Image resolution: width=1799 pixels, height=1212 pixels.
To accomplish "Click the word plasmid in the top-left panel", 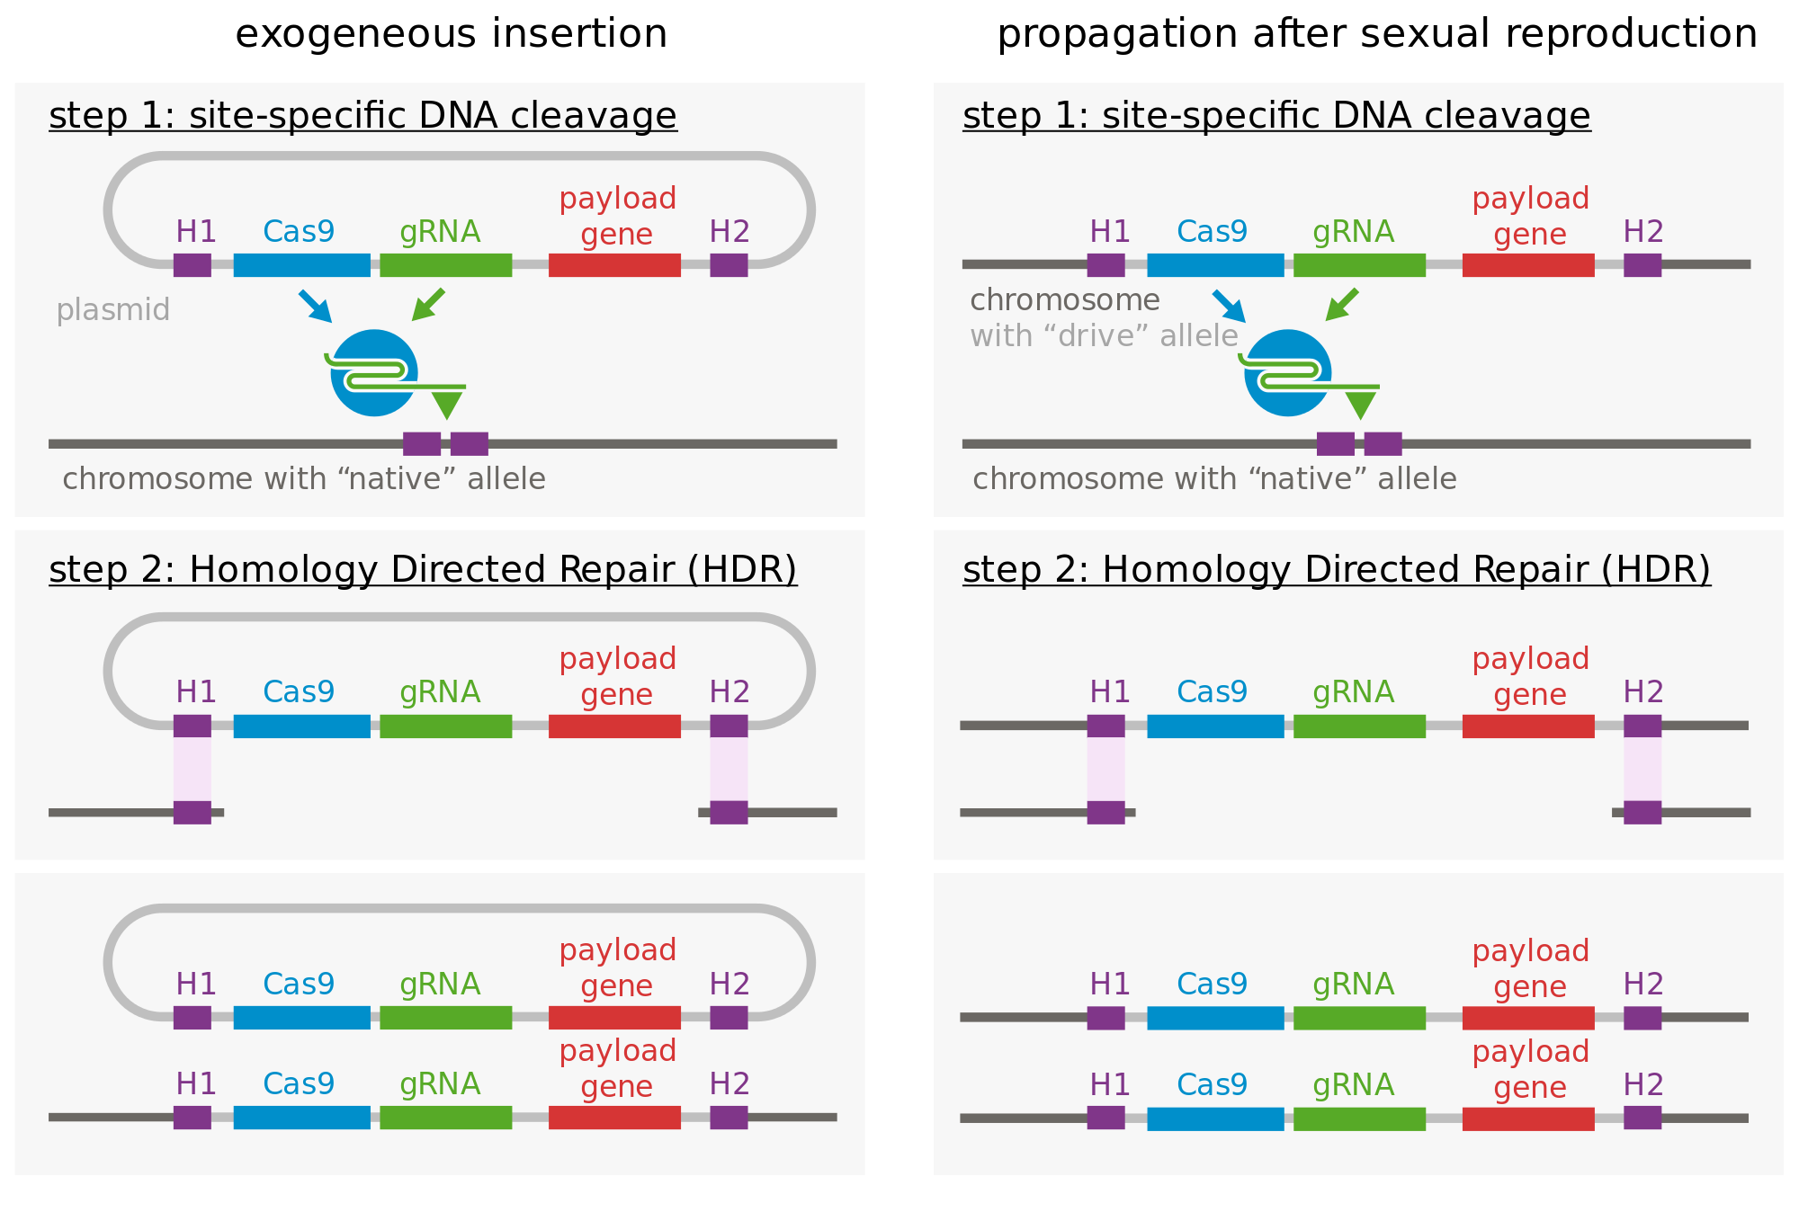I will (112, 310).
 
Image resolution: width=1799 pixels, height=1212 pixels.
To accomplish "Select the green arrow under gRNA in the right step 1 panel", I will (1342, 304).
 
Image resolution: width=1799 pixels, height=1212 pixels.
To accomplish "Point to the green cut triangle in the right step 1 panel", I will (1360, 405).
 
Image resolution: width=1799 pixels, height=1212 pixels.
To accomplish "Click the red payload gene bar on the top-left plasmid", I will (614, 265).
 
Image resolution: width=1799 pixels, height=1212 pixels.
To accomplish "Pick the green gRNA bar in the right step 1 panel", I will (1359, 265).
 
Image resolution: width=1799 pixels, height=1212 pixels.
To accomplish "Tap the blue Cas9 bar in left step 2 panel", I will (301, 726).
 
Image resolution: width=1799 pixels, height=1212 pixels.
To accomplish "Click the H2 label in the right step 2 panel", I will (1642, 692).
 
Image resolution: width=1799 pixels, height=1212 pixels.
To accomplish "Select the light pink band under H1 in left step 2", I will (192, 769).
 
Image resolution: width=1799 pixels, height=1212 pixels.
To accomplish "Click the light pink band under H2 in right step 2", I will (1642, 769).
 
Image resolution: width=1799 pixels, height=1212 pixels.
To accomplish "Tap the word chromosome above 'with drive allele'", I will (1064, 300).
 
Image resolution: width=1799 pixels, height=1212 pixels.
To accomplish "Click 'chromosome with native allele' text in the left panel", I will (304, 479).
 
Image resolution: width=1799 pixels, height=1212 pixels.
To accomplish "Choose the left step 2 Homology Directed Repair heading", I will (423, 570).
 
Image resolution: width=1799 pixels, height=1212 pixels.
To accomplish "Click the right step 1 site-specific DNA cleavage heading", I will (1275, 116).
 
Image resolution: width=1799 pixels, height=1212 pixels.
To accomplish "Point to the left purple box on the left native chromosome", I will (422, 444).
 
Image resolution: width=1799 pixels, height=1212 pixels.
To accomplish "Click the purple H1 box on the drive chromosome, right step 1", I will (1105, 265).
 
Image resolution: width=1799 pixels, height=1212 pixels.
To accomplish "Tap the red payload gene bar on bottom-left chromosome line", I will (614, 1118).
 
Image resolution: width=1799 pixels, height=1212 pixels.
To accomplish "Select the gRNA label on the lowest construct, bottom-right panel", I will (1353, 1085).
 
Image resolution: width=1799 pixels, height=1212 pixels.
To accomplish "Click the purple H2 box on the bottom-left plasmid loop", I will (729, 1018).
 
